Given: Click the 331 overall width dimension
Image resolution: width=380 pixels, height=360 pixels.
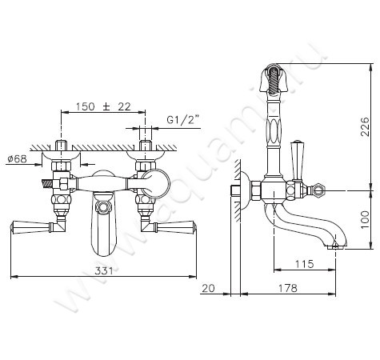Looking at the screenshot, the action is pyautogui.click(x=104, y=271).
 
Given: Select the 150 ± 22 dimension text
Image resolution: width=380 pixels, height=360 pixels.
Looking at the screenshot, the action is pyautogui.click(x=103, y=106).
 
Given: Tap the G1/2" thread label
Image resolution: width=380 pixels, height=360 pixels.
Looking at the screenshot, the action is pyautogui.click(x=183, y=120).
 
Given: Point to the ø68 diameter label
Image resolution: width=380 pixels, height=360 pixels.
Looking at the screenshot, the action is pyautogui.click(x=18, y=159).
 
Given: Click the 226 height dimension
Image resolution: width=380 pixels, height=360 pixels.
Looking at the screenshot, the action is pyautogui.click(x=365, y=126).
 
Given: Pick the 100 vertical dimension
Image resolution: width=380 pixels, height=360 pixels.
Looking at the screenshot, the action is pyautogui.click(x=365, y=219).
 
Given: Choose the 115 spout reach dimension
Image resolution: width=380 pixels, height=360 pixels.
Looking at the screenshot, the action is pyautogui.click(x=305, y=264).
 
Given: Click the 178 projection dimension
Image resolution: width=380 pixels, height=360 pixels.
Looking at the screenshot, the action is pyautogui.click(x=288, y=288).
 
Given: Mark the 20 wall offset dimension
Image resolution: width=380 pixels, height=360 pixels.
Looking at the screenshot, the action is pyautogui.click(x=208, y=288).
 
